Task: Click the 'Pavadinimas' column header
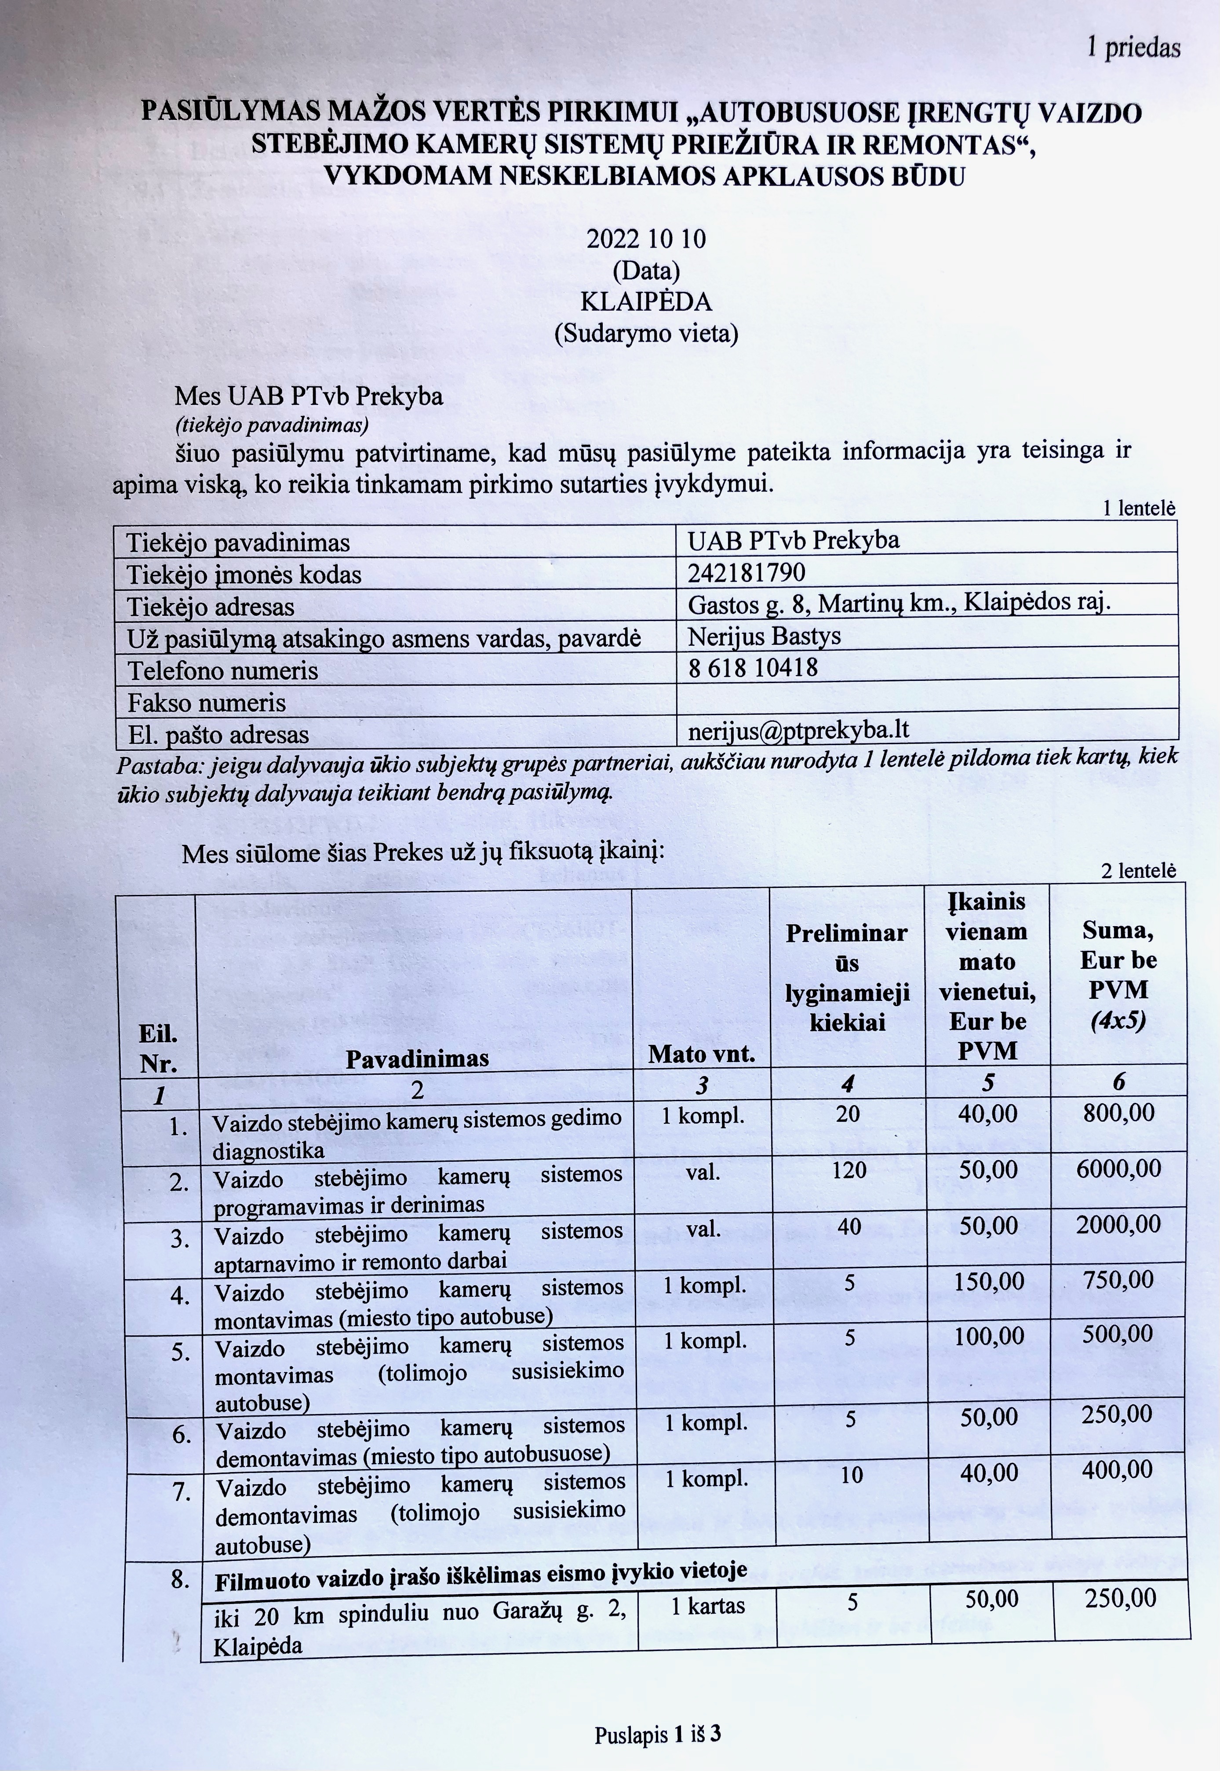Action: (x=417, y=1058)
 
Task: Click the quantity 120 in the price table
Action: (x=849, y=1169)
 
